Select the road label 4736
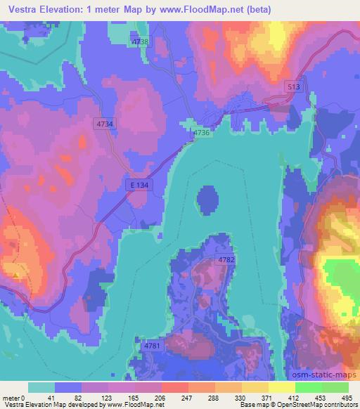click(201, 132)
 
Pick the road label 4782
click(226, 260)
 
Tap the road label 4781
click(152, 346)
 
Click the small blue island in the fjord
click(207, 200)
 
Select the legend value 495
click(345, 397)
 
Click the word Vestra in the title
click(20, 8)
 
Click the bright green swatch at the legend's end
click(335, 387)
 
